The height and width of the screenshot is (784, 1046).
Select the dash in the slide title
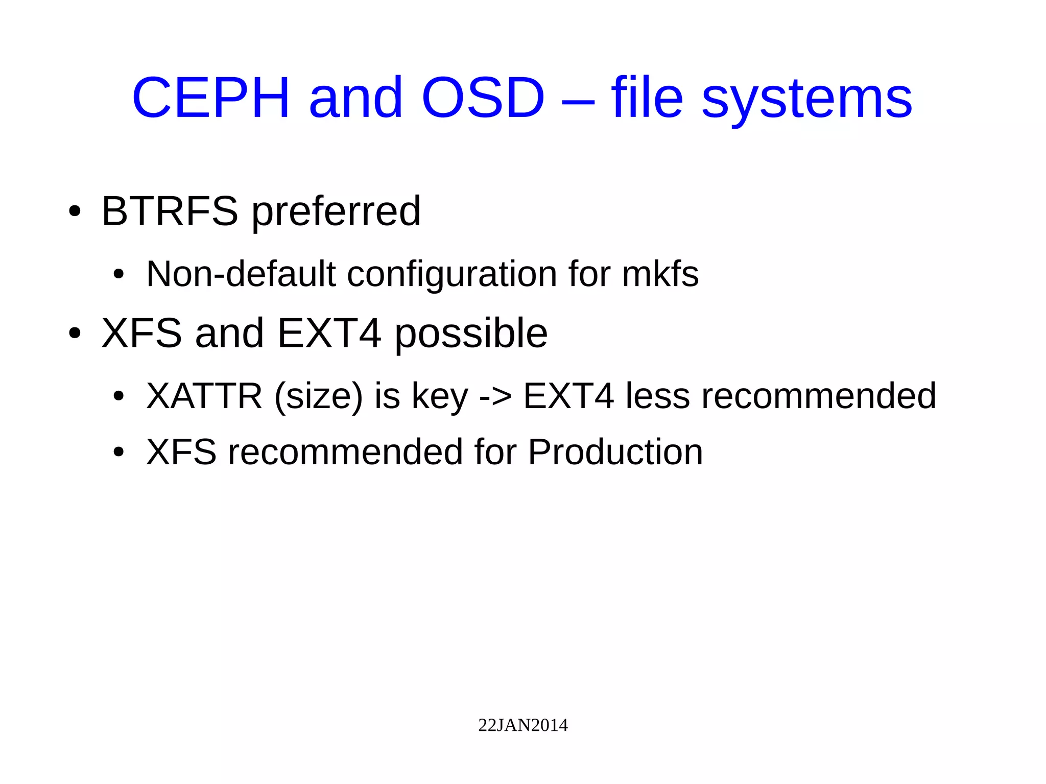point(578,100)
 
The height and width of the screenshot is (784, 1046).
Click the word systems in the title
point(807,100)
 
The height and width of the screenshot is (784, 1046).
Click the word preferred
point(336,211)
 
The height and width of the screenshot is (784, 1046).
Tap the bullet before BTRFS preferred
point(75,211)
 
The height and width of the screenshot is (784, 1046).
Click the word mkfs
point(660,274)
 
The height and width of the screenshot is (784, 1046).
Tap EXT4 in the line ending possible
point(329,333)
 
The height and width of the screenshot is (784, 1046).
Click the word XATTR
point(204,396)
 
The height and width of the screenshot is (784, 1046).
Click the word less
point(658,396)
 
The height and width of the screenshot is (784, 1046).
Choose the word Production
point(615,453)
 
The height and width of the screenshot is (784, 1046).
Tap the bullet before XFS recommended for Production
point(118,452)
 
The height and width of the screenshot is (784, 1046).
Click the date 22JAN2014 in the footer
point(522,725)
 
